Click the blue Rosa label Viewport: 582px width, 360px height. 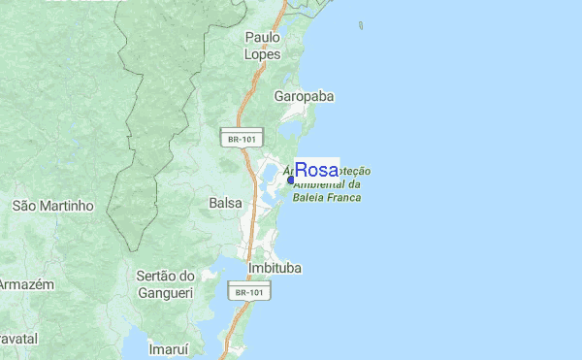[316, 170]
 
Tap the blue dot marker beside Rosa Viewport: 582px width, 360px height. [291, 179]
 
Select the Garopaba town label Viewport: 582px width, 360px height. [303, 97]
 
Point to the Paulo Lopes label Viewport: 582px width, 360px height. [263, 46]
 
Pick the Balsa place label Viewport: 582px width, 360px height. [225, 204]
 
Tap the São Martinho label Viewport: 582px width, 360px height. [52, 206]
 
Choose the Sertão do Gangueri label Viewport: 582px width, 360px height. [166, 284]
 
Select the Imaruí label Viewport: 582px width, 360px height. [167, 346]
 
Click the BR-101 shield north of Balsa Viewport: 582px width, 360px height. [242, 139]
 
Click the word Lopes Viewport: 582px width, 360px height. [263, 55]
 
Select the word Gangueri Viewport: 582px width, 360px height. [166, 293]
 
